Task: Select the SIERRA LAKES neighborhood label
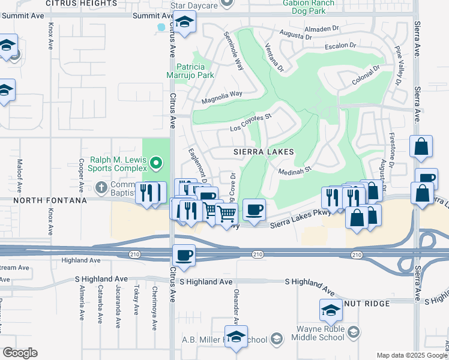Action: (264, 152)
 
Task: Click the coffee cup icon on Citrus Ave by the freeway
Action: (184, 255)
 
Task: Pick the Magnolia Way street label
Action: (221, 96)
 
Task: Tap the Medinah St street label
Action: (297, 170)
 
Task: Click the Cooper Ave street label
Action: (81, 172)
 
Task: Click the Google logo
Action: (20, 353)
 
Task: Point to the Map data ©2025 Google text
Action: (411, 355)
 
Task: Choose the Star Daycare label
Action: (193, 5)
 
